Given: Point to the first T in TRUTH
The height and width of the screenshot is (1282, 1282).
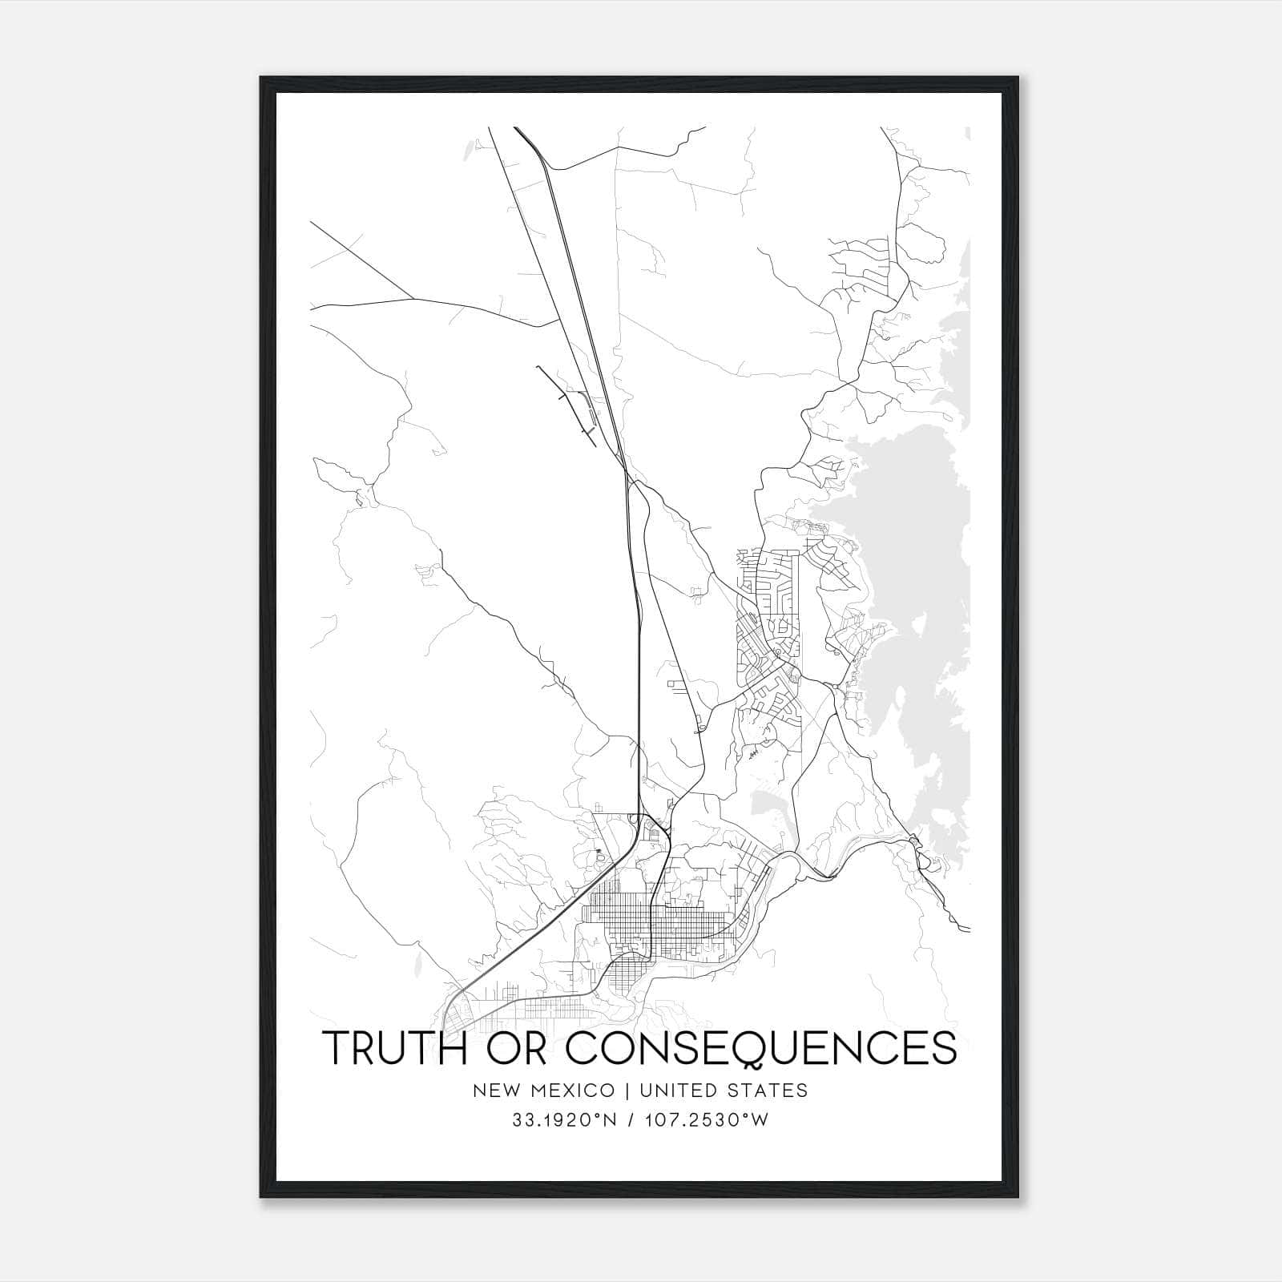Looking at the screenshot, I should tap(337, 1048).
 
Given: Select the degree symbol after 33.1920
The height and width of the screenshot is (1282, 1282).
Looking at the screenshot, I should tap(596, 1115).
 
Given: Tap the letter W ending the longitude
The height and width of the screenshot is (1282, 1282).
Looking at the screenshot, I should tap(760, 1120).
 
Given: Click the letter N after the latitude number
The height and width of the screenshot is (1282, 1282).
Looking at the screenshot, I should tap(609, 1120).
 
